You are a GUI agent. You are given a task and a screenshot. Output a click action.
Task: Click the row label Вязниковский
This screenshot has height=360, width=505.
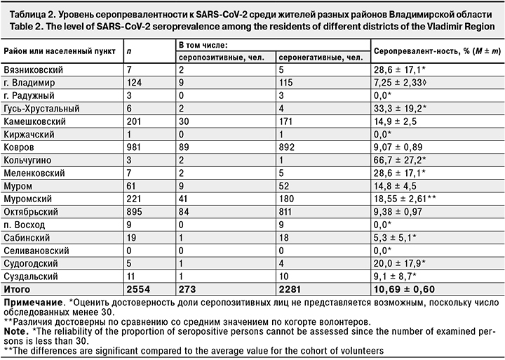click(33, 71)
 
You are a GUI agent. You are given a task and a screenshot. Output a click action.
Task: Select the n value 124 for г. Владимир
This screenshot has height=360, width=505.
click(131, 84)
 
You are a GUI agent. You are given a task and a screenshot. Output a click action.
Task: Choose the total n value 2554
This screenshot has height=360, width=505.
click(135, 288)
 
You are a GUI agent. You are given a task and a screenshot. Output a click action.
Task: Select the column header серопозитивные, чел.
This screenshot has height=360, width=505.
click(217, 58)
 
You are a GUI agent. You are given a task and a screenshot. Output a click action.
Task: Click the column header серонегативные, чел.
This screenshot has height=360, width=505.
click(318, 58)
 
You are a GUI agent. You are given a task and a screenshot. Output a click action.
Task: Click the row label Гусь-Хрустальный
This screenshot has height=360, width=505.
click(43, 109)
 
